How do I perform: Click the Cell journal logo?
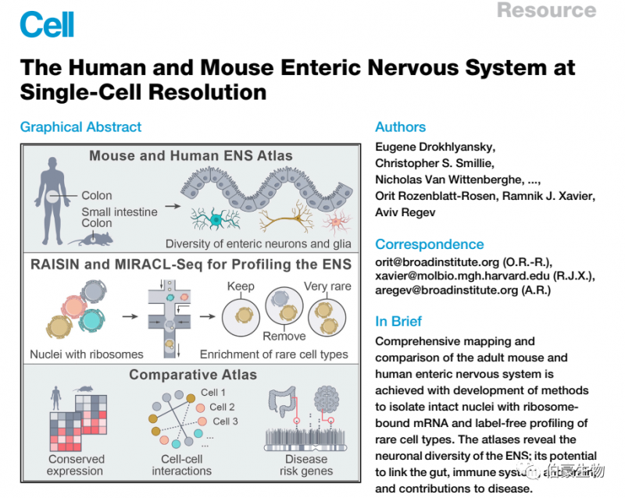(47, 24)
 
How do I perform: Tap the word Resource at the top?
(546, 10)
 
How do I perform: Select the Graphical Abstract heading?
(81, 127)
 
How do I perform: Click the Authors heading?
(401, 127)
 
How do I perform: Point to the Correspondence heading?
(430, 244)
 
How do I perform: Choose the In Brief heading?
(398, 321)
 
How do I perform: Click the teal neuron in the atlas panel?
(216, 221)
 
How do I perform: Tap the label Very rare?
(327, 286)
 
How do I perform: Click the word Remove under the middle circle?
(284, 336)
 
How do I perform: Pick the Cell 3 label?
(226, 422)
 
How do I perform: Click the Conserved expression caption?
(75, 465)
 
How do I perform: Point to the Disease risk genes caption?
(305, 465)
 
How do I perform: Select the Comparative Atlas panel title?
(193, 375)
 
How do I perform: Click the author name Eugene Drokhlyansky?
(435, 147)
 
